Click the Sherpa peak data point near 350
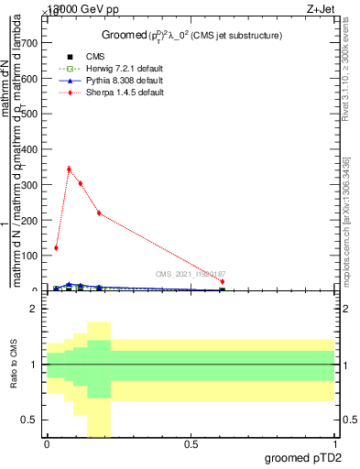point(69,169)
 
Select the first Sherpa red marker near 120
point(56,247)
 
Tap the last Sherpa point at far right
point(222,281)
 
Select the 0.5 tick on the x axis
point(191,444)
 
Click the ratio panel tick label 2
point(32,309)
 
